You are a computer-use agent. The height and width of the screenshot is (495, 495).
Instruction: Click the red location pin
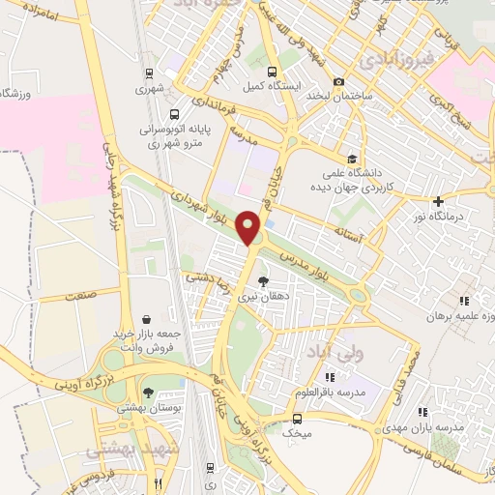pos(249,226)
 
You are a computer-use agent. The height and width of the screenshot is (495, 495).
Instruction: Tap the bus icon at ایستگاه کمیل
pos(272,72)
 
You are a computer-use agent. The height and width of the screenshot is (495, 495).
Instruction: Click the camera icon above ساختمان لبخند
pos(338,82)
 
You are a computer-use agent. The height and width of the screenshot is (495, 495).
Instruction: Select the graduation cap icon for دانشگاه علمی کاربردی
pos(353,159)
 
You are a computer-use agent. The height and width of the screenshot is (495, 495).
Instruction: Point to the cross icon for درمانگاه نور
pos(439,201)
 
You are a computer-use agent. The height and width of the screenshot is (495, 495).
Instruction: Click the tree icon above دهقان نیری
pos(263,281)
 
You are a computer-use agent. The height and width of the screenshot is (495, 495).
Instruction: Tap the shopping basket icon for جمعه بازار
pos(146,318)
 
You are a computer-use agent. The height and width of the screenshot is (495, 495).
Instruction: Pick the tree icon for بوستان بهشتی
pos(147,393)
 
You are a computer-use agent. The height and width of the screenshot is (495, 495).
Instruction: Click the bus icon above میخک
pos(297,420)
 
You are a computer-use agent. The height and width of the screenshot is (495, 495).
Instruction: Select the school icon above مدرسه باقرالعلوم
pos(331,376)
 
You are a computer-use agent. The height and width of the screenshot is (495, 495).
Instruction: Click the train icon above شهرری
pos(148,73)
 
